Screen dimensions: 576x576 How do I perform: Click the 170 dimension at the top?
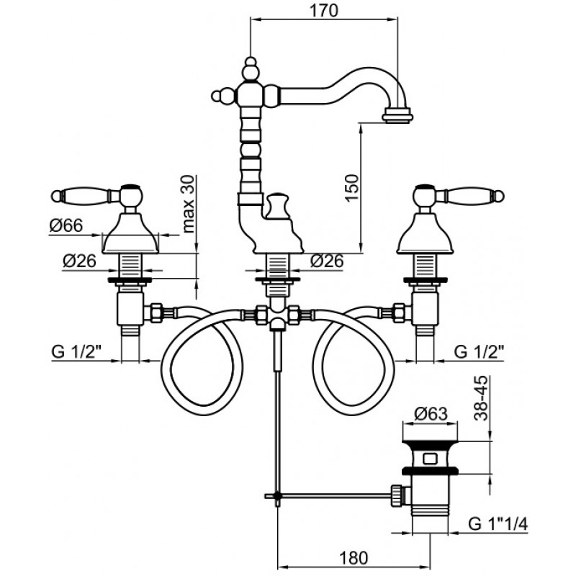(x=323, y=10)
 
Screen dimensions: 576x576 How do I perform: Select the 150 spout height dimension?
(x=351, y=188)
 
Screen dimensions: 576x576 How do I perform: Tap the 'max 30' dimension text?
(x=188, y=204)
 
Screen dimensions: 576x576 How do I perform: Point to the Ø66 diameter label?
(x=66, y=225)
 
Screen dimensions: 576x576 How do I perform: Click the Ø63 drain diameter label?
(x=431, y=414)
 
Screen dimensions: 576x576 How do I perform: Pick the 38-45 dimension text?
(x=481, y=398)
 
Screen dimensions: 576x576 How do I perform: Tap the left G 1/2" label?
(x=76, y=351)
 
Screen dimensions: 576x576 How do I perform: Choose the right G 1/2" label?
(x=479, y=351)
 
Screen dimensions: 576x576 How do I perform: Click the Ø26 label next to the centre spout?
(x=327, y=261)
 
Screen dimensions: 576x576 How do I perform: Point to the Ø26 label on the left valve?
(x=79, y=261)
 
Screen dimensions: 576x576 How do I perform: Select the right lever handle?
(x=459, y=194)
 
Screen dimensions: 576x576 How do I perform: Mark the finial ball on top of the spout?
(x=251, y=62)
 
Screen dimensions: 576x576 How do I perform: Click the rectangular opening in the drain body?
(x=430, y=459)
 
